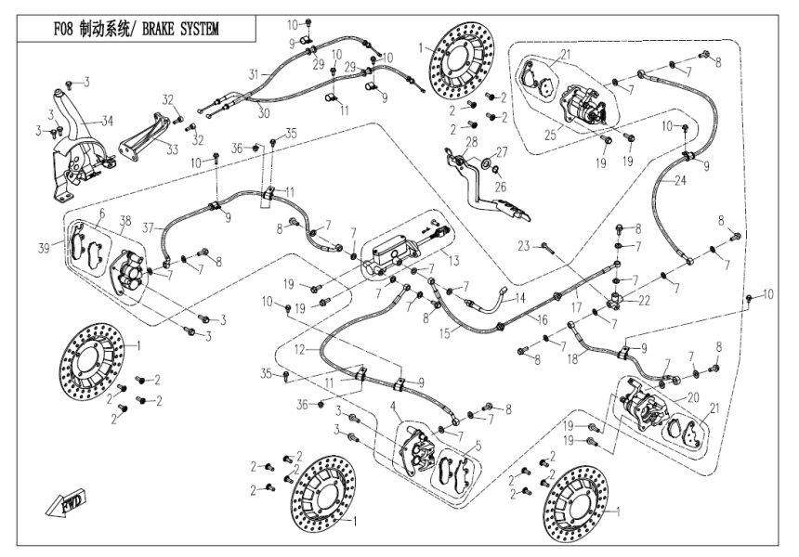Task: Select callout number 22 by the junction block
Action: pyautogui.click(x=644, y=300)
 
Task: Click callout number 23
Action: pyautogui.click(x=523, y=246)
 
